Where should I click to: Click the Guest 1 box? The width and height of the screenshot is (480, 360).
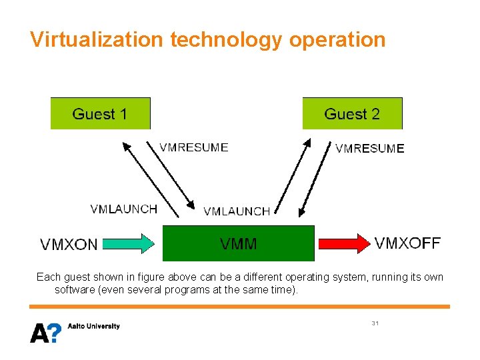pos(100,113)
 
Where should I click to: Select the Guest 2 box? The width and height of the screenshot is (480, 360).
pos(352,113)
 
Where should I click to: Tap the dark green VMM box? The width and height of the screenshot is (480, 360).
pos(238,243)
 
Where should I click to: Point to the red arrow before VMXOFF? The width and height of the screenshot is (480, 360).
pos(343,243)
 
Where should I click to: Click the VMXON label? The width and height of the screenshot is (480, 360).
pos(69,245)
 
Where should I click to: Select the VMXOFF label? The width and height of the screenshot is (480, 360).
pos(407,243)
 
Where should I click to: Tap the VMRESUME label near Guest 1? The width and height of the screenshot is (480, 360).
pos(193,147)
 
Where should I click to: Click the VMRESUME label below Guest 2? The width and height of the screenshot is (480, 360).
pos(369,149)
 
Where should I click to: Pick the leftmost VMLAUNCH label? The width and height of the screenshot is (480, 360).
pos(123,209)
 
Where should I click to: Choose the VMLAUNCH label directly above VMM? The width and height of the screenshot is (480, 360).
pos(237,211)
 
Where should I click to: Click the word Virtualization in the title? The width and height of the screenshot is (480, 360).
pos(96,39)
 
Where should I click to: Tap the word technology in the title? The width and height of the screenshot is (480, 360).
pos(227,39)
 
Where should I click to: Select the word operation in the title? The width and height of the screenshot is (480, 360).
pos(337,39)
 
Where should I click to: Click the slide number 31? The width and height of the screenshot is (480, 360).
pos(375,323)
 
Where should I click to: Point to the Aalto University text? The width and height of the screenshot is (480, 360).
pos(94,326)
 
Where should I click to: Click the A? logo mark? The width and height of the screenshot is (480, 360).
pos(45,332)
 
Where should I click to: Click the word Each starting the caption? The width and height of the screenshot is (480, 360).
pos(48,277)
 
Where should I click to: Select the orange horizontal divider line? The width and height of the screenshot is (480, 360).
pos(239,307)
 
